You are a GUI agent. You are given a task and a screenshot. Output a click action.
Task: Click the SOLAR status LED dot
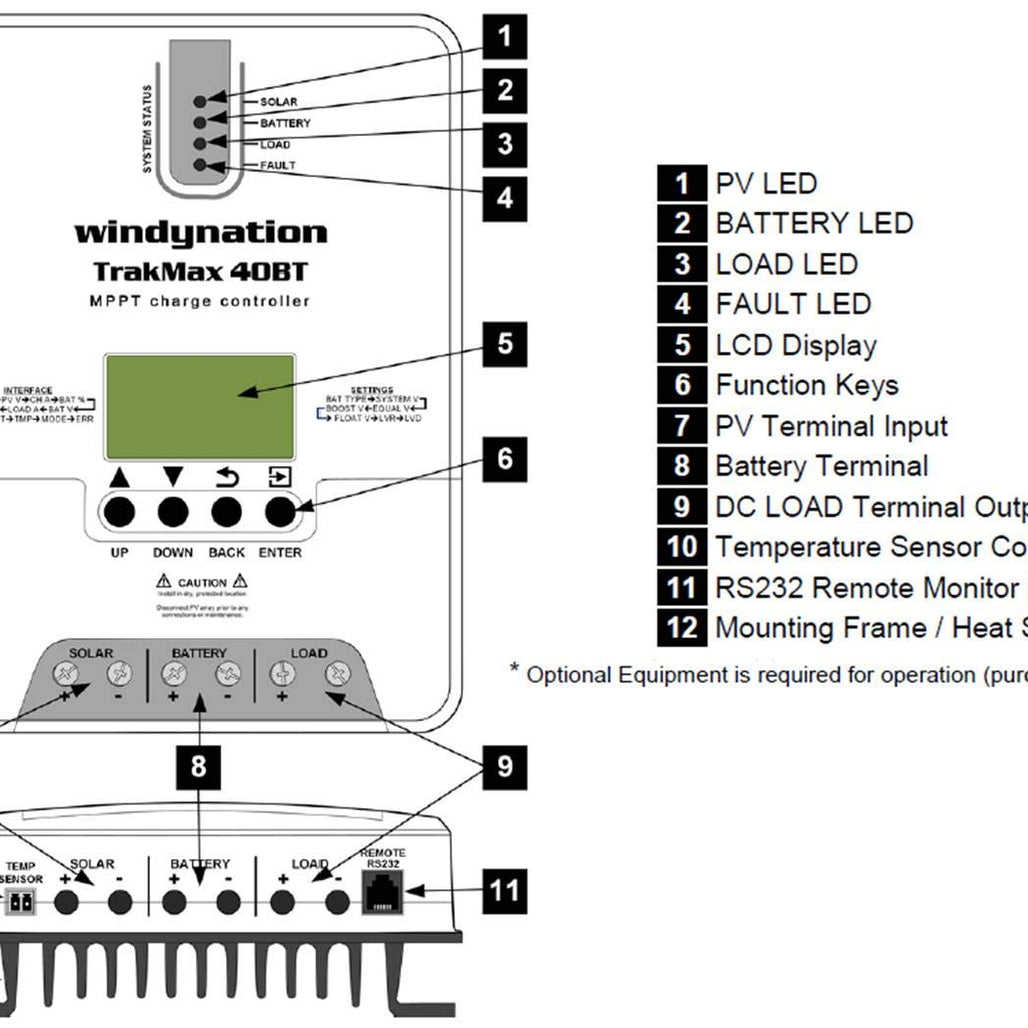(200, 100)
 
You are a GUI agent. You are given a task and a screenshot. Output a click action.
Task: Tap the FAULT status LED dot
(200, 164)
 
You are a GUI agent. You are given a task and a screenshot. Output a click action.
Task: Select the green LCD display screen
(200, 406)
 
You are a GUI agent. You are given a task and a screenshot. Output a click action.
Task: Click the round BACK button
(227, 512)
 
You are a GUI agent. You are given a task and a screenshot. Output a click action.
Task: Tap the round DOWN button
(173, 512)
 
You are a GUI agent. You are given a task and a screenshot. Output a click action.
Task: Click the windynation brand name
(200, 233)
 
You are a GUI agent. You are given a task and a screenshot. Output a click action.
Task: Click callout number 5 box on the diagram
(505, 344)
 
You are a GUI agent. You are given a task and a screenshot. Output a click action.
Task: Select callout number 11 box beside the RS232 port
(505, 889)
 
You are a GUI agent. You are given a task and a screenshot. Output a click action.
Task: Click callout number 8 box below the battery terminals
(199, 767)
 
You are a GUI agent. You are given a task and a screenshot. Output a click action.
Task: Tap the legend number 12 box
(682, 628)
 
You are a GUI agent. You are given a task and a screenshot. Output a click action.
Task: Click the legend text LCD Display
(796, 345)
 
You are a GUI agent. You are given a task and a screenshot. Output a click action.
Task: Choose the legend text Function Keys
(807, 385)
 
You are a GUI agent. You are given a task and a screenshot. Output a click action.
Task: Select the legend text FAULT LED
(793, 304)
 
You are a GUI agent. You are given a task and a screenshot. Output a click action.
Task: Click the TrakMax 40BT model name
(200, 271)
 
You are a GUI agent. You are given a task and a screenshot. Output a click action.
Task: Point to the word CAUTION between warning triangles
(202, 582)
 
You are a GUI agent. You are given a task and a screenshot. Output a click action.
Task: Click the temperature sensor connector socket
(22, 902)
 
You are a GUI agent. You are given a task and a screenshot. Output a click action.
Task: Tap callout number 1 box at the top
(505, 38)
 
